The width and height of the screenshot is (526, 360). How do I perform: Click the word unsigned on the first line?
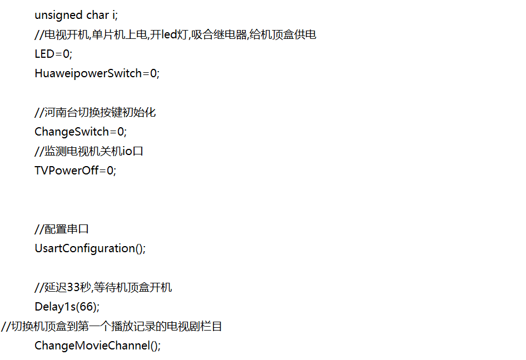tap(58, 16)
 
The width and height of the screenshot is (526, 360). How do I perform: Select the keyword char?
tap(98, 15)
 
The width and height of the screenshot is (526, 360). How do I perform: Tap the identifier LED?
tap(44, 54)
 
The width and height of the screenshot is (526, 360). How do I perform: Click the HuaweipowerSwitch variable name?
tap(88, 73)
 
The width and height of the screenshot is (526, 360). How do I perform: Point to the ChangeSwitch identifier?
tap(72, 132)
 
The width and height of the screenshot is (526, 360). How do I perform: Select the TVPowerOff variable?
tap(67, 171)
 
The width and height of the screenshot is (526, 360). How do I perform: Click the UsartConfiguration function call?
tap(85, 248)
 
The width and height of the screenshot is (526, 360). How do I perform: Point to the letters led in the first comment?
tap(169, 34)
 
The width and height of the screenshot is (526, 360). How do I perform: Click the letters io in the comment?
tap(127, 151)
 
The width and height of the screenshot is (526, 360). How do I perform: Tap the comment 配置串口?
tap(66, 229)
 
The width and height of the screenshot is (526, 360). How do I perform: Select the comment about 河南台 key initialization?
tap(95, 112)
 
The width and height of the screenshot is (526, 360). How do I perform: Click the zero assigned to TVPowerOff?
tap(110, 171)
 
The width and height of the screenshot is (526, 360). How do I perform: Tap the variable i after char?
tap(114, 15)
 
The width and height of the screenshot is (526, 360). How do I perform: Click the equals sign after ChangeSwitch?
tap(113, 132)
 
